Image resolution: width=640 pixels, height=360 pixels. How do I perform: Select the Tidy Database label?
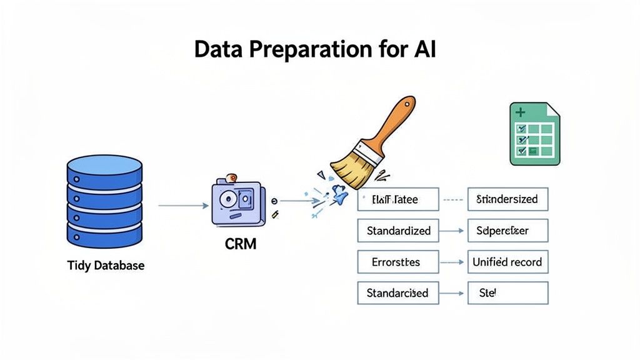pyautogui.click(x=106, y=266)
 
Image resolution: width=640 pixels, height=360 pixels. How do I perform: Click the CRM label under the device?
pyautogui.click(x=241, y=244)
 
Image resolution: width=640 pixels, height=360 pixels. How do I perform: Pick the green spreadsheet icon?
pyautogui.click(x=534, y=134)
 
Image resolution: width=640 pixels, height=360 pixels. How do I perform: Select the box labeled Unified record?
pyautogui.click(x=507, y=262)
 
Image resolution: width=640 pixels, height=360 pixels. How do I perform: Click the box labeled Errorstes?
pyautogui.click(x=397, y=262)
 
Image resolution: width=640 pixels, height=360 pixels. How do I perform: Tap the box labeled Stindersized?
pyautogui.click(x=507, y=199)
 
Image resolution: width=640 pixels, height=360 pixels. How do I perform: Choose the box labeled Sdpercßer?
pyautogui.click(x=507, y=231)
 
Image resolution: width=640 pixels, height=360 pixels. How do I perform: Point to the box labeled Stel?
pyautogui.click(x=507, y=292)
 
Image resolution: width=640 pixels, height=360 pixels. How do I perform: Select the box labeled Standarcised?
pyautogui.click(x=397, y=292)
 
